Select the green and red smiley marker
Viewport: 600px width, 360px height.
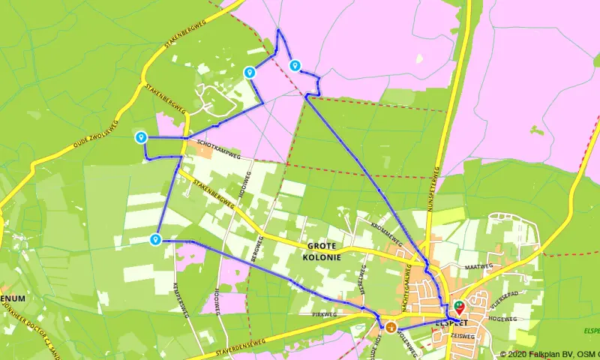coord(458,307)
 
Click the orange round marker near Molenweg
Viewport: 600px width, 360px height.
coord(391,325)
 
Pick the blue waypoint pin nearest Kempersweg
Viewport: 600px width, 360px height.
coord(155,239)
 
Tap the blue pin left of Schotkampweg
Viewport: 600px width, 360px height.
coord(140,137)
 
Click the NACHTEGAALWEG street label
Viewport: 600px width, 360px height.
coord(409,289)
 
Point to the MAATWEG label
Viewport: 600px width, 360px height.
coord(478,266)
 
